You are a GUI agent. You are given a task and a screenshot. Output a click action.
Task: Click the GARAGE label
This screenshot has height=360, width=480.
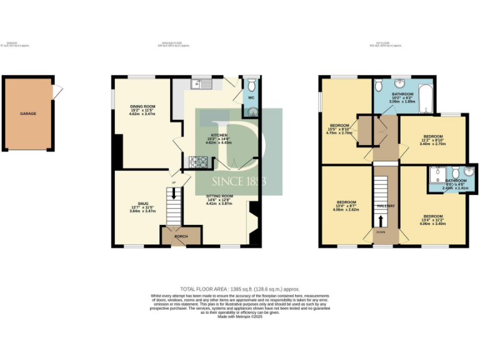(28, 114)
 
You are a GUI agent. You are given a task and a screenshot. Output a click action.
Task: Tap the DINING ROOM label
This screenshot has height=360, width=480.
(142, 107)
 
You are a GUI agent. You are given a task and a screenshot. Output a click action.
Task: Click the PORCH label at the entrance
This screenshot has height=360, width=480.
(181, 237)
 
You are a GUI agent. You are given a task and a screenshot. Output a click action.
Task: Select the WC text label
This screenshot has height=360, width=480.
(251, 97)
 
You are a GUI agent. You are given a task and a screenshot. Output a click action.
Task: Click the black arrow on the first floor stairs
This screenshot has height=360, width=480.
(381, 221)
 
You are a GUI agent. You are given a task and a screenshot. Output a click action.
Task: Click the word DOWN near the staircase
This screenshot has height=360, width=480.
(381, 232)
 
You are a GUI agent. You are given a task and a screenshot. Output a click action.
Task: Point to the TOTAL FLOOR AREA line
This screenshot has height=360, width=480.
(239, 289)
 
